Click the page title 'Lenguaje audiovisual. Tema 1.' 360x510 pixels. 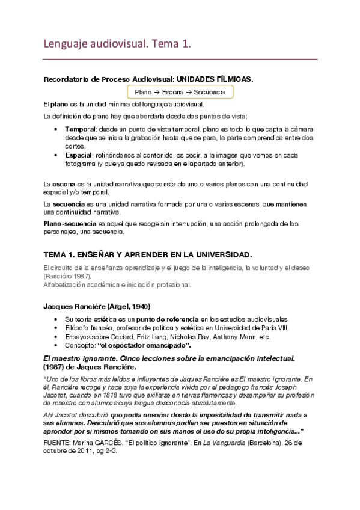[118, 43]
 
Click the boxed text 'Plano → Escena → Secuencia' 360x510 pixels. [180, 92]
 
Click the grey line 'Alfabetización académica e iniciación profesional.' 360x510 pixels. [117, 284]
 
